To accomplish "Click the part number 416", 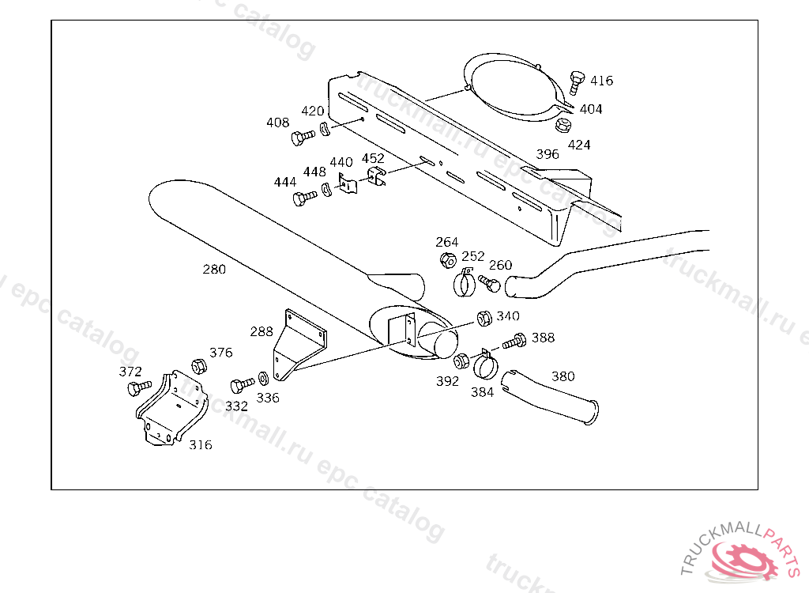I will coord(601,81).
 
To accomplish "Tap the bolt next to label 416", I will coord(577,81).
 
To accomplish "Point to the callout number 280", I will coord(214,269).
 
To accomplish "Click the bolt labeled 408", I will coord(301,138).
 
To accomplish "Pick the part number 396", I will coord(547,154).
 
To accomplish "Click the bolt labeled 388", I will coord(515,342).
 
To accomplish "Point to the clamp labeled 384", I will coord(484,364).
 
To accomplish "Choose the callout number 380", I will coord(563,376).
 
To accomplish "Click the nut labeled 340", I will coord(484,319).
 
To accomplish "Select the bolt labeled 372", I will coord(138,387).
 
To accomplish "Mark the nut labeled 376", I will coord(199,366).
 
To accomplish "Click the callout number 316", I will coord(200,444).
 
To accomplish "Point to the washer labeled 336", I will coord(262,379).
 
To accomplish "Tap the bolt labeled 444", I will coord(303,198).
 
